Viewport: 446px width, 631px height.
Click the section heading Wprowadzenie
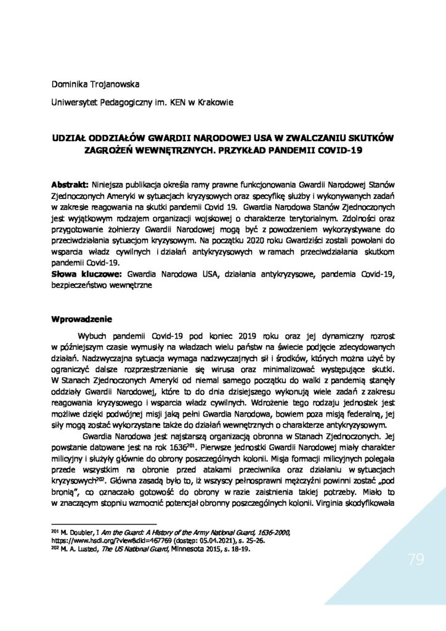pyautogui.click(x=81, y=319)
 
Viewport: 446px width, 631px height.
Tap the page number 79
pyautogui.click(x=416, y=560)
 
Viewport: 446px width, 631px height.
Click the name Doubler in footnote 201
pyautogui.click(x=76, y=531)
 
